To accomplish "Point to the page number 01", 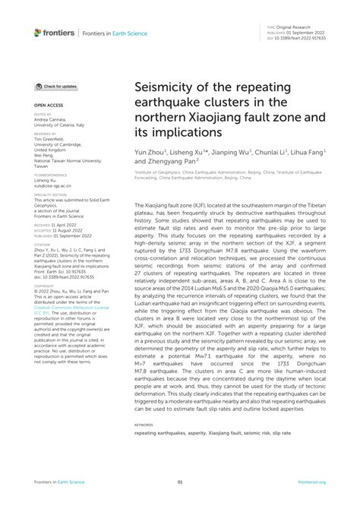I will (180, 482).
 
